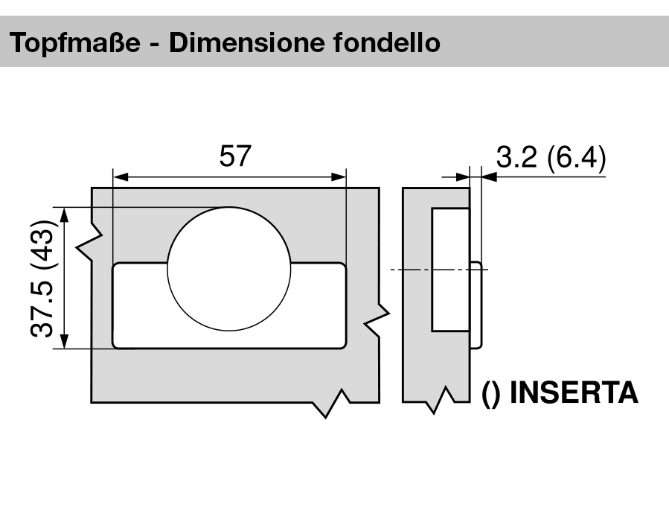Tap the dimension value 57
coord(236,156)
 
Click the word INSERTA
coord(573,392)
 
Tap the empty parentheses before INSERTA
coord(491,392)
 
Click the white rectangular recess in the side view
coord(451,270)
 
